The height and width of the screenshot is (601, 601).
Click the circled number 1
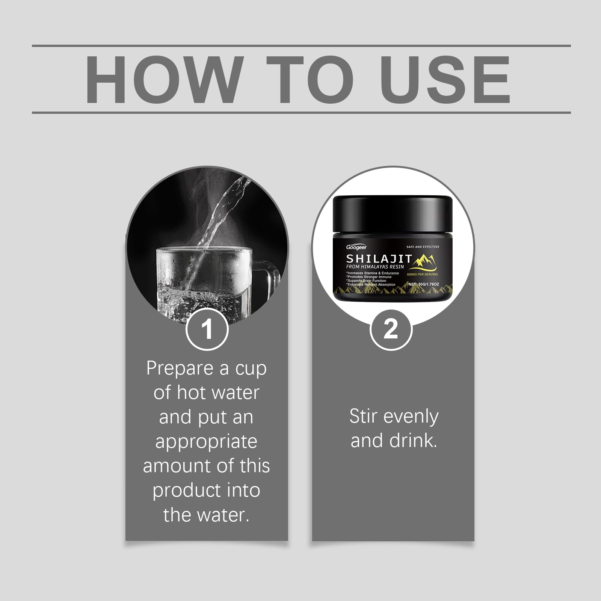207,329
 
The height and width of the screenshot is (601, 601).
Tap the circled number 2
391,329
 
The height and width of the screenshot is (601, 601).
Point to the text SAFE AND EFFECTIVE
423,247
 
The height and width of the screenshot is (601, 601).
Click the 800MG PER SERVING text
422,275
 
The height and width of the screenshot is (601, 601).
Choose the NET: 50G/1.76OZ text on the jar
423,284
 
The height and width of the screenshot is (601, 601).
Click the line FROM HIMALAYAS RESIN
375,266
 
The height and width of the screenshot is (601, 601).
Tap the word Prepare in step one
182,369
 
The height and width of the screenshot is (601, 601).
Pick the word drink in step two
413,441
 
